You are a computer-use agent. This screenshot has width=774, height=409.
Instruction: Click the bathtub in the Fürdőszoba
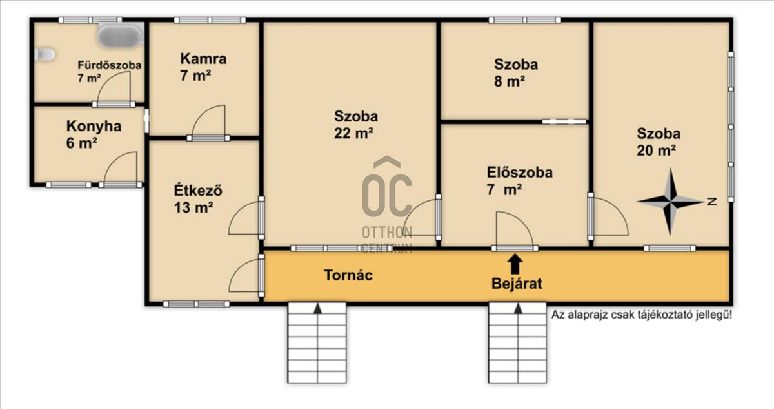click(x=120, y=35)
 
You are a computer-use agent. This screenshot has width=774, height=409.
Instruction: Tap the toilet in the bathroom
click(x=45, y=55)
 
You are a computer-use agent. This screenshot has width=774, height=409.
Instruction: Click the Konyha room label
click(x=94, y=134)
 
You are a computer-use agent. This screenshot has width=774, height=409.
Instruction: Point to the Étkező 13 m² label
click(x=198, y=199)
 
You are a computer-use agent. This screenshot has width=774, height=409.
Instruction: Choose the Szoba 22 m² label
click(x=356, y=125)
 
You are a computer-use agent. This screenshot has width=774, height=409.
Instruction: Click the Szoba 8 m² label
click(x=516, y=73)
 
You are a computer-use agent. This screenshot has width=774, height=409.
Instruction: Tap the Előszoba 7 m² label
click(x=520, y=181)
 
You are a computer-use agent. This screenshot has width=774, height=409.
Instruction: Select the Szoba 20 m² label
click(x=659, y=142)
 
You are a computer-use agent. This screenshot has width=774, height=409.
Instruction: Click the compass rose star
click(x=670, y=201)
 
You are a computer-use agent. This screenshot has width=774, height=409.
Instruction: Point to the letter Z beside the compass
click(x=711, y=202)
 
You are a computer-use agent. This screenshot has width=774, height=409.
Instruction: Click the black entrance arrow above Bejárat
click(x=515, y=264)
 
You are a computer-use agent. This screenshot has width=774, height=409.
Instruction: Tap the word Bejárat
click(x=517, y=284)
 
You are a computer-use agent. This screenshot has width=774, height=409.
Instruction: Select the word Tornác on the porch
click(x=348, y=275)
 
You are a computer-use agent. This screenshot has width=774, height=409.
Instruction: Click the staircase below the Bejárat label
click(x=517, y=342)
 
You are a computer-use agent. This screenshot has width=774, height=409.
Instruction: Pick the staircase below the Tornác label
click(x=317, y=342)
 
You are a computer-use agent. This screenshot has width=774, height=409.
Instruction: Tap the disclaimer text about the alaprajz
click(x=641, y=315)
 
